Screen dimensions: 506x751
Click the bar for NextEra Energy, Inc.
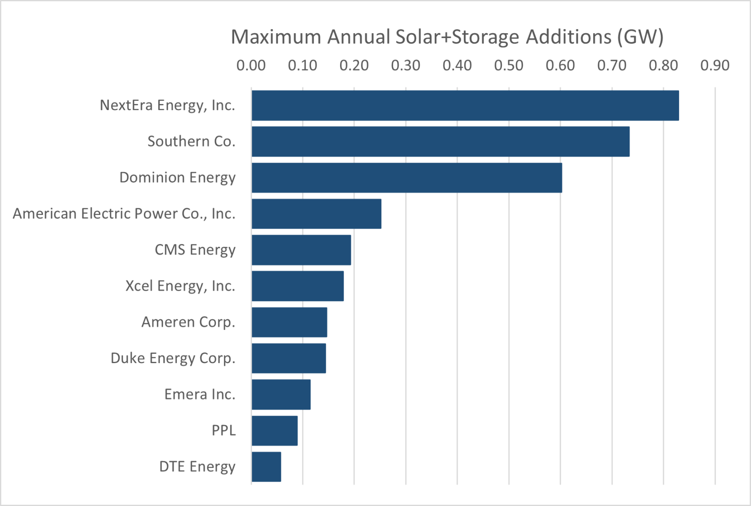click(465, 105)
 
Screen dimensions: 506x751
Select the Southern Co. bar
click(440, 142)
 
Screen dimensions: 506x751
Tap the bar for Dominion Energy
click(406, 177)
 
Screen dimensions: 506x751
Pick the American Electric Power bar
click(316, 214)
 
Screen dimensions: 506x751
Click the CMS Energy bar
click(301, 250)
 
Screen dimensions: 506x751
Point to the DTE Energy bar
click(266, 467)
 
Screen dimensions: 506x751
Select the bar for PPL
click(274, 430)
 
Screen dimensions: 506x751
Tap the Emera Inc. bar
click(281, 394)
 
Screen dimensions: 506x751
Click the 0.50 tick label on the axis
click(508, 65)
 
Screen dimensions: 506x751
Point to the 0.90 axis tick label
click(715, 65)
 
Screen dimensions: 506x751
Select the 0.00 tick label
click(251, 65)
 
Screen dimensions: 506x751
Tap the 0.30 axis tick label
click(406, 65)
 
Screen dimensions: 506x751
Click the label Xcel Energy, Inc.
click(180, 286)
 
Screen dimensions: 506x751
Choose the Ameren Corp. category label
click(188, 322)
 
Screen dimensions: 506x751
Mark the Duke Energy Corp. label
click(173, 358)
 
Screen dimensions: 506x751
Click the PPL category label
click(224, 430)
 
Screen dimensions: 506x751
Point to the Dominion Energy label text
click(177, 178)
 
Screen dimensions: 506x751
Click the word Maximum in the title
click(276, 37)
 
